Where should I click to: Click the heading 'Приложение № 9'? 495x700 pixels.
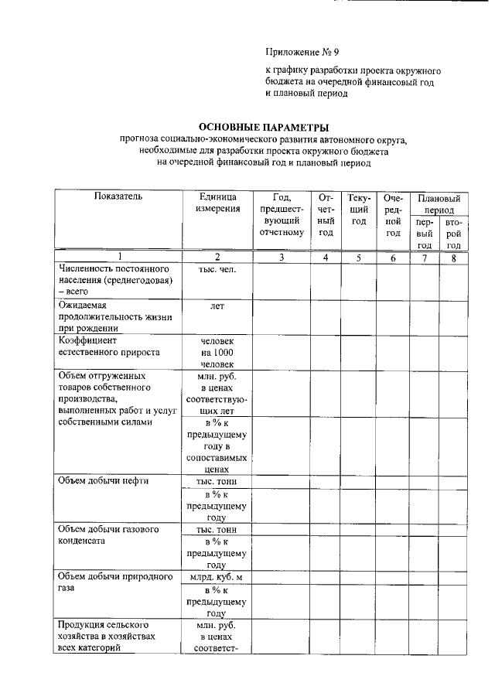click(302, 53)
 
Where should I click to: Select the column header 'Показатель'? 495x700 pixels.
click(118, 197)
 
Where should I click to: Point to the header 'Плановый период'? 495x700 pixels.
click(439, 203)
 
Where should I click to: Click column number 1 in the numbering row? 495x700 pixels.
click(118, 258)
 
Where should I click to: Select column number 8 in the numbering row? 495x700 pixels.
click(453, 258)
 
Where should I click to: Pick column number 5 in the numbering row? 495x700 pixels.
click(359, 258)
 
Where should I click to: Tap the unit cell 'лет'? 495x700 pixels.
click(217, 306)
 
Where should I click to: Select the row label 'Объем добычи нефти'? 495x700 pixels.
click(103, 480)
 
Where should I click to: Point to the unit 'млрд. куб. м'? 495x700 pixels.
click(217, 577)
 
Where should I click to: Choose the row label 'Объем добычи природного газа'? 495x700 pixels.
click(114, 582)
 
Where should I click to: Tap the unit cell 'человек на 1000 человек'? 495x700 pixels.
click(217, 352)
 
